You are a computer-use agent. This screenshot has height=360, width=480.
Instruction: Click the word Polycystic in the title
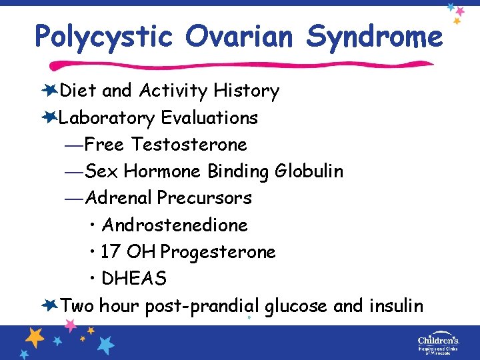click(x=104, y=37)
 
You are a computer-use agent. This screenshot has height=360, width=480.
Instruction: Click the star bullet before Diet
click(x=49, y=90)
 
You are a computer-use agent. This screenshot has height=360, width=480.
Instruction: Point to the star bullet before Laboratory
click(x=49, y=117)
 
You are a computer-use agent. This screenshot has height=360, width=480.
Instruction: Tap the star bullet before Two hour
click(x=49, y=305)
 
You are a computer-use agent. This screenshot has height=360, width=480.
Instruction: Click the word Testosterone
click(x=189, y=145)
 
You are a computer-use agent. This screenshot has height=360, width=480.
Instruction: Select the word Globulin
click(x=309, y=171)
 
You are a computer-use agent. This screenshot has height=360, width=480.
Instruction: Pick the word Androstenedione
click(x=175, y=225)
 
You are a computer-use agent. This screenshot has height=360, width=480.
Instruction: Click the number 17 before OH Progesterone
click(x=111, y=252)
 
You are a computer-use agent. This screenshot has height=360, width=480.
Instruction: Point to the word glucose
click(x=296, y=306)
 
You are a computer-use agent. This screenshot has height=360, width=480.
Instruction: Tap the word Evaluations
click(x=209, y=118)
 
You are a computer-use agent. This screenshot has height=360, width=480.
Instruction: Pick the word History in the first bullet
click(x=247, y=91)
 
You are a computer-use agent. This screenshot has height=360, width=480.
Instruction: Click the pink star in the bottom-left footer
click(x=71, y=325)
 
